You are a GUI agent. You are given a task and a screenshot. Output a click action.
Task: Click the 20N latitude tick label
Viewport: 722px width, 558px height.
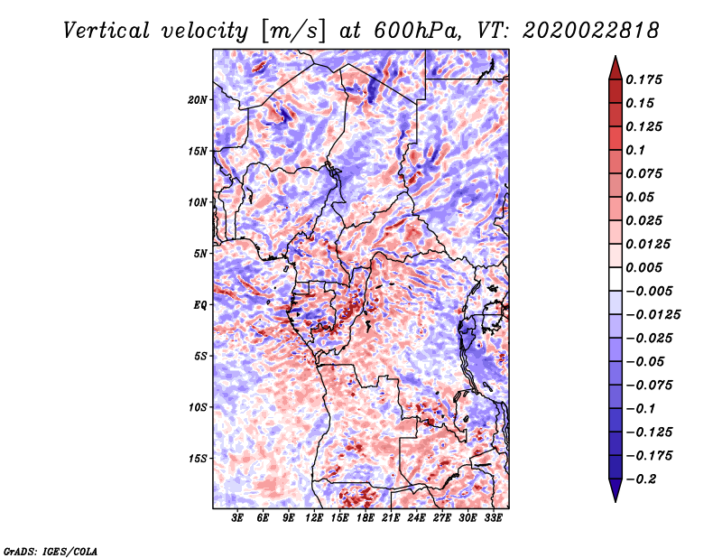tap(198, 100)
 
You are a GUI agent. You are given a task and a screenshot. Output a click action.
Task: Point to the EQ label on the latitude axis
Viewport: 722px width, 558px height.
tap(200, 305)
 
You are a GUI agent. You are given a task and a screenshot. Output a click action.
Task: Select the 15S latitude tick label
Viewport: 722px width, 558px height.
tap(198, 459)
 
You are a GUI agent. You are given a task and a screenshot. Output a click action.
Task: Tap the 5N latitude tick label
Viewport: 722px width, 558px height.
tap(200, 254)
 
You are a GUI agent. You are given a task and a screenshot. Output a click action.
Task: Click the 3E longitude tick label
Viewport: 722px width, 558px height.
tap(237, 517)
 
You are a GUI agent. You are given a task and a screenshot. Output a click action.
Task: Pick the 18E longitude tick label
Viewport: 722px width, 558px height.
tap(366, 517)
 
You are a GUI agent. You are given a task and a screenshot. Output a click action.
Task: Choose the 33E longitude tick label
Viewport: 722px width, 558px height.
tap(493, 517)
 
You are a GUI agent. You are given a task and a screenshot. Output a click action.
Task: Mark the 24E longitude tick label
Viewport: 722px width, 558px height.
tap(416, 517)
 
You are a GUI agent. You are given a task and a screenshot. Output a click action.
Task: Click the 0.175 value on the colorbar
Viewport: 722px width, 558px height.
tap(643, 79)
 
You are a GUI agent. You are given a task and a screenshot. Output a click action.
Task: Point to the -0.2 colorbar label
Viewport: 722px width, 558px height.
tap(641, 479)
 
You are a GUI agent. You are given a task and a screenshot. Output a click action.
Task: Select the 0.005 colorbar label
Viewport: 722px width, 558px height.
tap(643, 267)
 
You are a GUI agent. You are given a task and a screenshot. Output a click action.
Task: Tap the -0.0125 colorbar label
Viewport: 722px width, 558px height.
tap(653, 315)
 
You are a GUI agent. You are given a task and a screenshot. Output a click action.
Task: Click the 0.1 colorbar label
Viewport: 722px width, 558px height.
tap(635, 150)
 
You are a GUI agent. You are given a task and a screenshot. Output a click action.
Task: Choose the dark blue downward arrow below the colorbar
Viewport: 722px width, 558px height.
tap(616, 490)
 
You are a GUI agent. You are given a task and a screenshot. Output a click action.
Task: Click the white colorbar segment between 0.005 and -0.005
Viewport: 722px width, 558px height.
tap(616, 279)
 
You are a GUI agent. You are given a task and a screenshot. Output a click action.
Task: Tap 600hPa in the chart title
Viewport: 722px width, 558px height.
tap(416, 31)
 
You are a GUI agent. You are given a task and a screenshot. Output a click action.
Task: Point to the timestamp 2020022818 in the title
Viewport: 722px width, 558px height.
tap(591, 31)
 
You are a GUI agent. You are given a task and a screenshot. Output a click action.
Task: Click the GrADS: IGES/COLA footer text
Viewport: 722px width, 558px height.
tap(51, 551)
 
